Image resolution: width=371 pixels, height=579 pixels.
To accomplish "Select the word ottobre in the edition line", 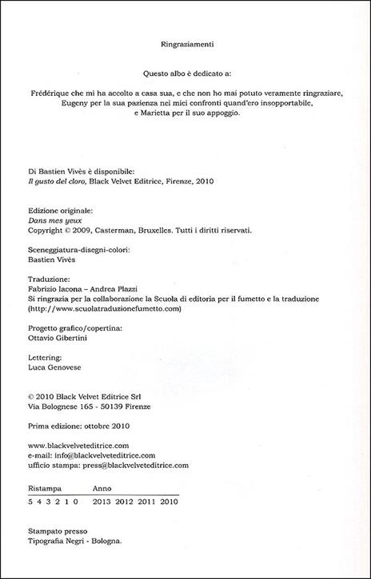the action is click(99, 426).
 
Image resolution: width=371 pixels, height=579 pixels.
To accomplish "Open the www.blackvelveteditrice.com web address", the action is click(78, 446).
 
